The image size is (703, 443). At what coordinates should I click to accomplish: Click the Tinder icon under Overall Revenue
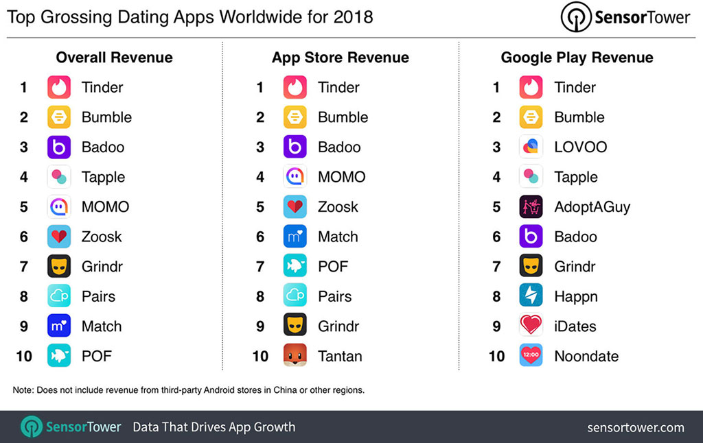59,87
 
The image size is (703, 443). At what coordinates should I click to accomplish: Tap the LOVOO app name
580,147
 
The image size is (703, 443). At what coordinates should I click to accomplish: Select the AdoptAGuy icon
531,206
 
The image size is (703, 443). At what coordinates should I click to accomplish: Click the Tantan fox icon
295,356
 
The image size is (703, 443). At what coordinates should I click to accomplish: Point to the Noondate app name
586,356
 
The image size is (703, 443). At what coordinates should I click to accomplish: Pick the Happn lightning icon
531,296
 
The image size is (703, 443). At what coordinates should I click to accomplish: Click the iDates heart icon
531,326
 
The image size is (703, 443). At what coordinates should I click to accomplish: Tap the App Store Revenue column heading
341,58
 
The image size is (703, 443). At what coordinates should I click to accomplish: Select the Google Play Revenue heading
577,58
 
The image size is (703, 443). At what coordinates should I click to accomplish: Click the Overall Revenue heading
114,58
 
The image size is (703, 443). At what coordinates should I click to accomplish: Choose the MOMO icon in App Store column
295,177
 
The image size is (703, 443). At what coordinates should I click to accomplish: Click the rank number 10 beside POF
23,356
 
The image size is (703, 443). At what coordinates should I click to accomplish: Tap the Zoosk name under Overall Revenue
102,237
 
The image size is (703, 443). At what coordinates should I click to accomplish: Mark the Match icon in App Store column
295,237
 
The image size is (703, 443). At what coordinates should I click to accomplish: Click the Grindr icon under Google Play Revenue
531,266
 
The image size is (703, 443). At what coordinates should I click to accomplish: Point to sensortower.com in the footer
636,427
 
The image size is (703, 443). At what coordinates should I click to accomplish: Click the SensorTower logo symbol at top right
575,17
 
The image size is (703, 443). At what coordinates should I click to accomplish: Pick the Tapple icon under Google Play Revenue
531,177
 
